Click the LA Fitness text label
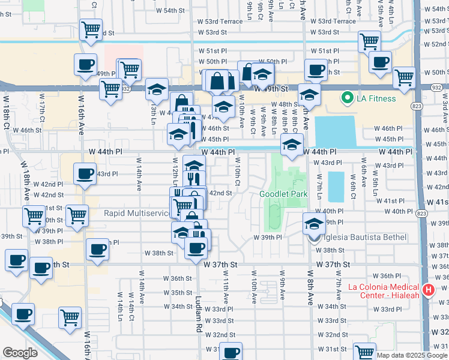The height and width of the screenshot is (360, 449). point(374,98)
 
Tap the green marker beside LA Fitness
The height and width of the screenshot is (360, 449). point(346,98)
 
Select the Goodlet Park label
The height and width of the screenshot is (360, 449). point(283,194)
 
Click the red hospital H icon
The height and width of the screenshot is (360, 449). point(428,290)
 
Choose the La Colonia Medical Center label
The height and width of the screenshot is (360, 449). point(384,290)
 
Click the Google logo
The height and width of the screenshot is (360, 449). point(20,353)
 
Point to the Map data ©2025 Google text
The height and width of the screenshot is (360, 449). point(412,355)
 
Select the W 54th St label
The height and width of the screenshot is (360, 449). point(170,11)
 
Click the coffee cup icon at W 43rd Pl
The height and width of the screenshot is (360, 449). point(85,174)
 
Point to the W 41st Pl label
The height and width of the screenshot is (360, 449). point(393,201)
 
